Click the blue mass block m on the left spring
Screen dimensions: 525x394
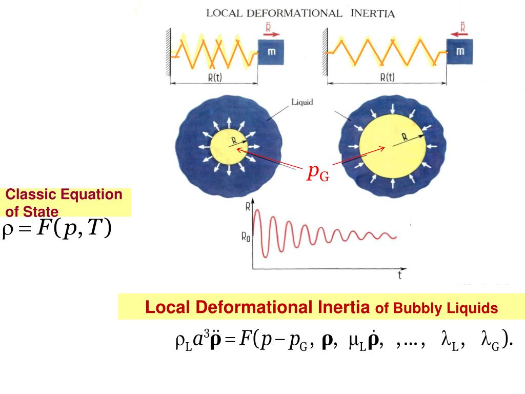point(271,52)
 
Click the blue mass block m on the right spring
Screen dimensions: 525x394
point(460,51)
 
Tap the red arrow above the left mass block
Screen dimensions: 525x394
point(271,34)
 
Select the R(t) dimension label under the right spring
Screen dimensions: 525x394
point(387,77)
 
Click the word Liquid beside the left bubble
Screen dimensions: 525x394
point(302,102)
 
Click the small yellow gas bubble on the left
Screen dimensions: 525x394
point(228,148)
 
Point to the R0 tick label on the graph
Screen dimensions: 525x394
point(246,238)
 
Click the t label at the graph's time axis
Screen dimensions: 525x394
point(399,276)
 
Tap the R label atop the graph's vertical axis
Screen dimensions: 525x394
point(249,207)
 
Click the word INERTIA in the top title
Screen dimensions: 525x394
point(373,14)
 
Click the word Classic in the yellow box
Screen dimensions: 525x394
point(31,194)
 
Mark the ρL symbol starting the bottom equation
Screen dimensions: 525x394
point(183,340)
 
